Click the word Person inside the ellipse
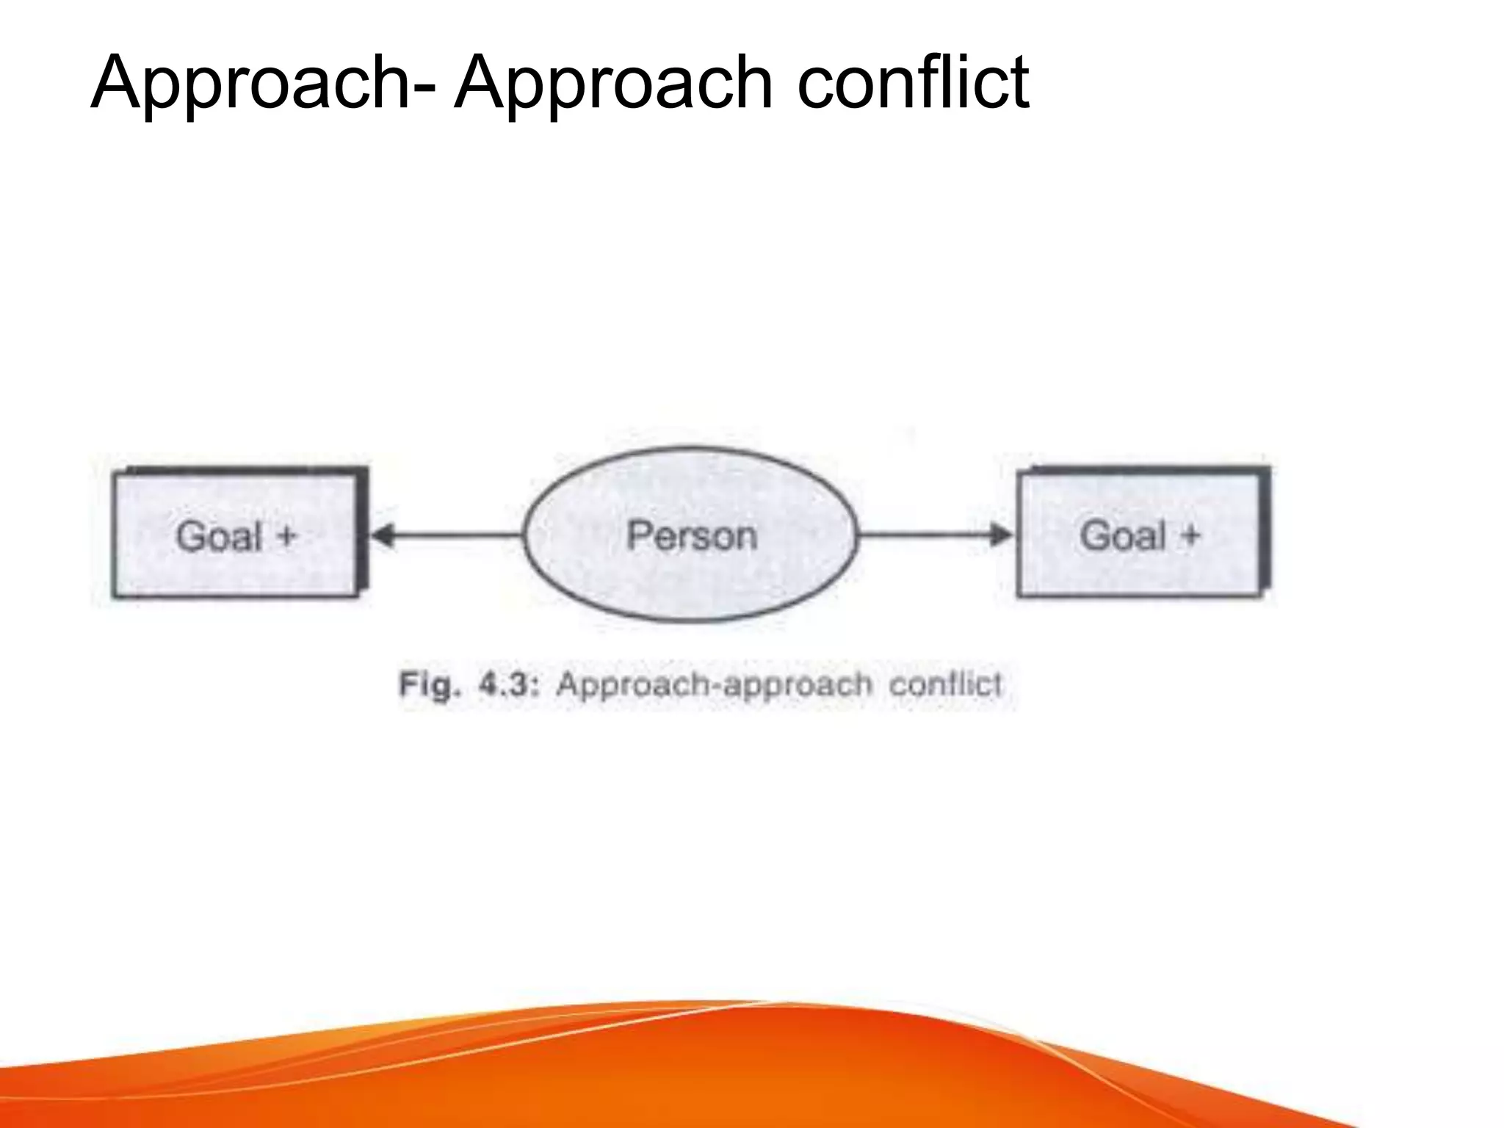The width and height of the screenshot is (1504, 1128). [691, 535]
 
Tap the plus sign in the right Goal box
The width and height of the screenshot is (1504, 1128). [1190, 535]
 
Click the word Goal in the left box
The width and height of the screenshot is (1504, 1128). [219, 535]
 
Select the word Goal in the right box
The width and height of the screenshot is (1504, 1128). [1122, 535]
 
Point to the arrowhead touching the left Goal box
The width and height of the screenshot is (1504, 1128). [382, 535]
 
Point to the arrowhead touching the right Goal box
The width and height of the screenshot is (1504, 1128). [1000, 535]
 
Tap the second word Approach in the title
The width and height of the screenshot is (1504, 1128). [613, 84]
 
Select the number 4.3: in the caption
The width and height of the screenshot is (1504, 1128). [509, 685]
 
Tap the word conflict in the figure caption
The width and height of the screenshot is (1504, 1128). [945, 684]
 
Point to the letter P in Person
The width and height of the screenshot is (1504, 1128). [639, 535]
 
